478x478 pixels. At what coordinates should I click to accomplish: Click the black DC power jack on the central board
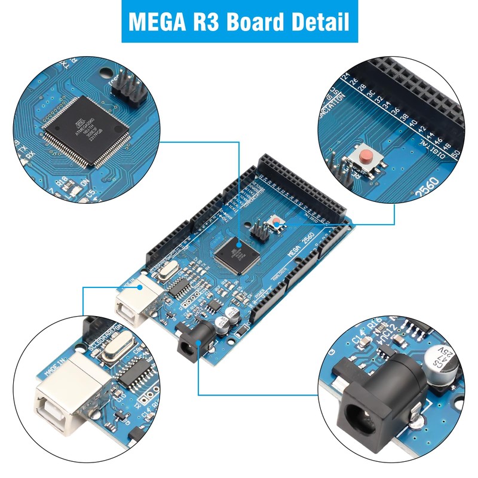(x=194, y=341)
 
